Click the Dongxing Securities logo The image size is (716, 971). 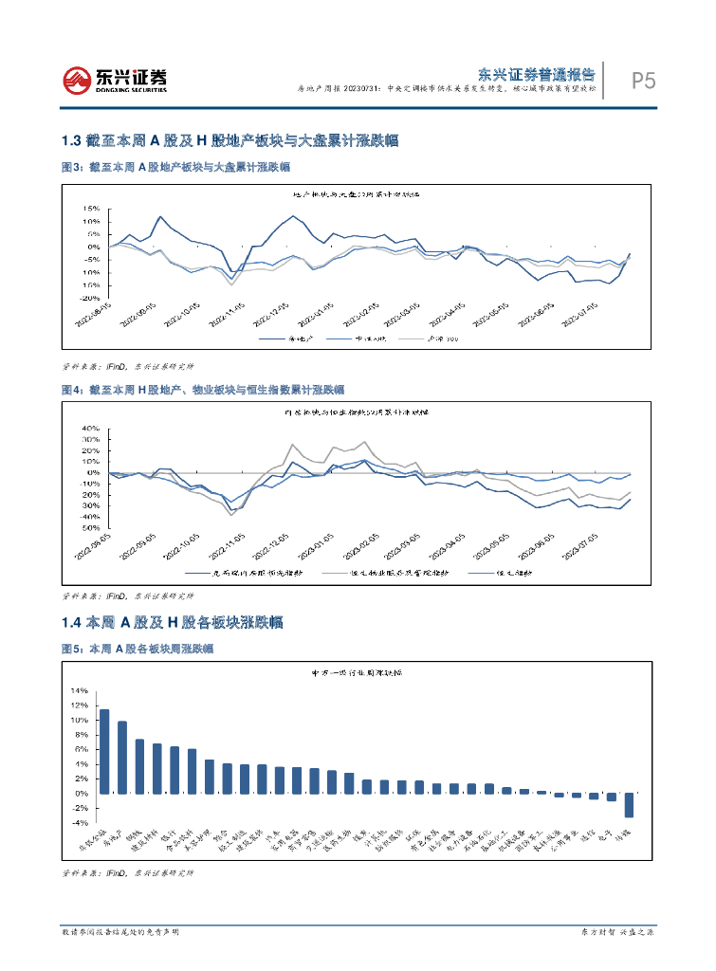(115, 80)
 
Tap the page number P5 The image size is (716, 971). (644, 82)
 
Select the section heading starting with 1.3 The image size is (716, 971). (228, 140)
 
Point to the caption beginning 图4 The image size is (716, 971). (202, 390)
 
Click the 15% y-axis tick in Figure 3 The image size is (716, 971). (91, 208)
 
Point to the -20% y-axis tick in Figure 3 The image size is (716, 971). (90, 297)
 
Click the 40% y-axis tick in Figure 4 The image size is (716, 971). (90, 429)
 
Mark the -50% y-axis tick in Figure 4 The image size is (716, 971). (90, 528)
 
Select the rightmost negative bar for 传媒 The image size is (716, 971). (628, 805)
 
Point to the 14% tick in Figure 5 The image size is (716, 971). (79, 691)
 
